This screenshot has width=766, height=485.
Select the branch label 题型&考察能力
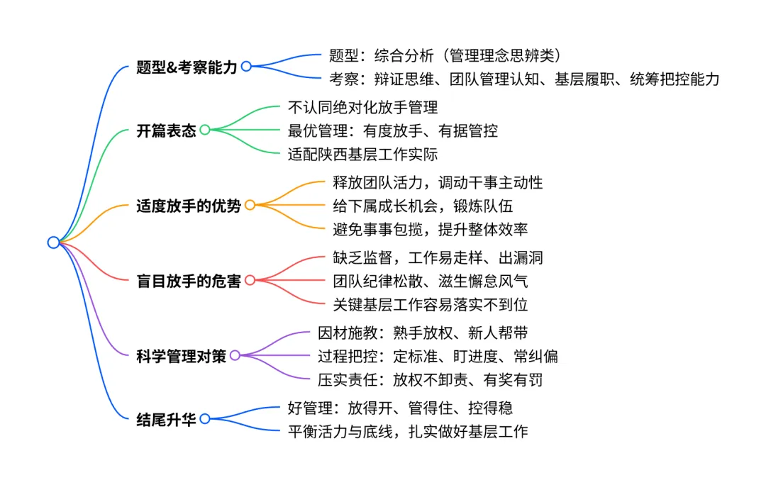click(187, 67)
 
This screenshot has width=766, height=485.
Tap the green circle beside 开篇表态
click(205, 130)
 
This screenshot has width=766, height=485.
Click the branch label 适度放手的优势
click(189, 206)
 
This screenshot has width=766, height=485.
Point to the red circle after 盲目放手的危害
click(250, 280)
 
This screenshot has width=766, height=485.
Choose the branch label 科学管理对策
click(182, 356)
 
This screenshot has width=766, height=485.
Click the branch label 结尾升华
click(166, 419)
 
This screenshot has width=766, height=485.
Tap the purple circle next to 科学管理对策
click(235, 355)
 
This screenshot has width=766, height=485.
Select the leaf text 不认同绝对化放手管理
click(362, 107)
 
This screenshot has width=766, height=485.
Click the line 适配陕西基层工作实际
click(362, 155)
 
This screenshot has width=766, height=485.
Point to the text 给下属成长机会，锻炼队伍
click(423, 206)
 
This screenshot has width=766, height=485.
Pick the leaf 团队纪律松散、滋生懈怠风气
click(431, 281)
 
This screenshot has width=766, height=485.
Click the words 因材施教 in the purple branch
click(348, 333)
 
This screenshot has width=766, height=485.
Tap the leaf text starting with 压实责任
click(430, 379)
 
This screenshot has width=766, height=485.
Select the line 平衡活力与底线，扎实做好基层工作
click(408, 431)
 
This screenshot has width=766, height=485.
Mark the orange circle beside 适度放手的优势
click(250, 205)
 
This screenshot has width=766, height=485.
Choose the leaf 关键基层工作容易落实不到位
click(431, 304)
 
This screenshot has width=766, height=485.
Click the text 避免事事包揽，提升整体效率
click(431, 229)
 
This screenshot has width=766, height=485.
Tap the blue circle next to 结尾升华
click(205, 418)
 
